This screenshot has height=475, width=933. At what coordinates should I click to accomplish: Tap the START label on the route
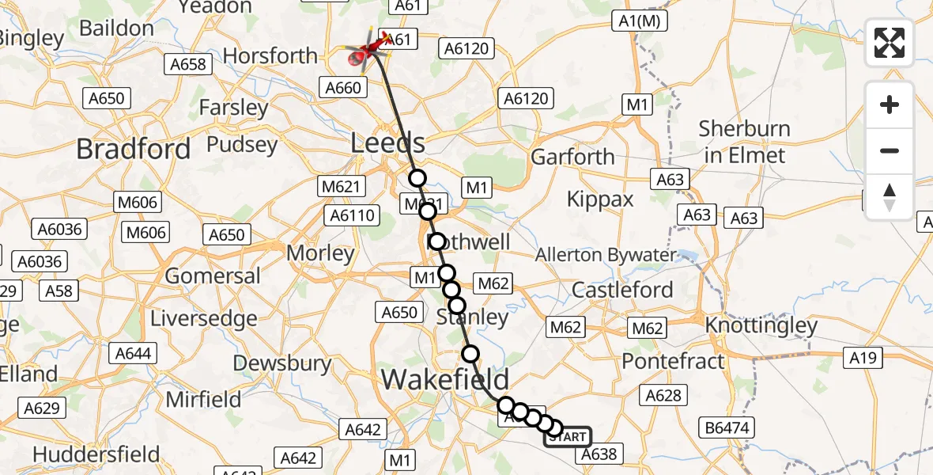click(568, 437)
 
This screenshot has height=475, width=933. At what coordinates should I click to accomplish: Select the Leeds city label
click(388, 144)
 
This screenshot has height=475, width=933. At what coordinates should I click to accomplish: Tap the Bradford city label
click(133, 149)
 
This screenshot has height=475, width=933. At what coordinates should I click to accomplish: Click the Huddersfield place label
click(96, 455)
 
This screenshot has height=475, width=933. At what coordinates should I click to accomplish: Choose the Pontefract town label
click(673, 361)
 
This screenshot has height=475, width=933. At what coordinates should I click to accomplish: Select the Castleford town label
click(622, 290)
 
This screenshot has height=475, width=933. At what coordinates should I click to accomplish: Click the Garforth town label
click(572, 157)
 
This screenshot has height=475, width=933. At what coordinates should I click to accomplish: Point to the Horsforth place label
click(270, 56)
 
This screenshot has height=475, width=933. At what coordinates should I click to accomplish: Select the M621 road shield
click(342, 187)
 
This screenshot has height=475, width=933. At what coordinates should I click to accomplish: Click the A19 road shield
click(863, 359)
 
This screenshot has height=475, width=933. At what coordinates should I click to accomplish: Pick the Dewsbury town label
click(282, 363)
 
